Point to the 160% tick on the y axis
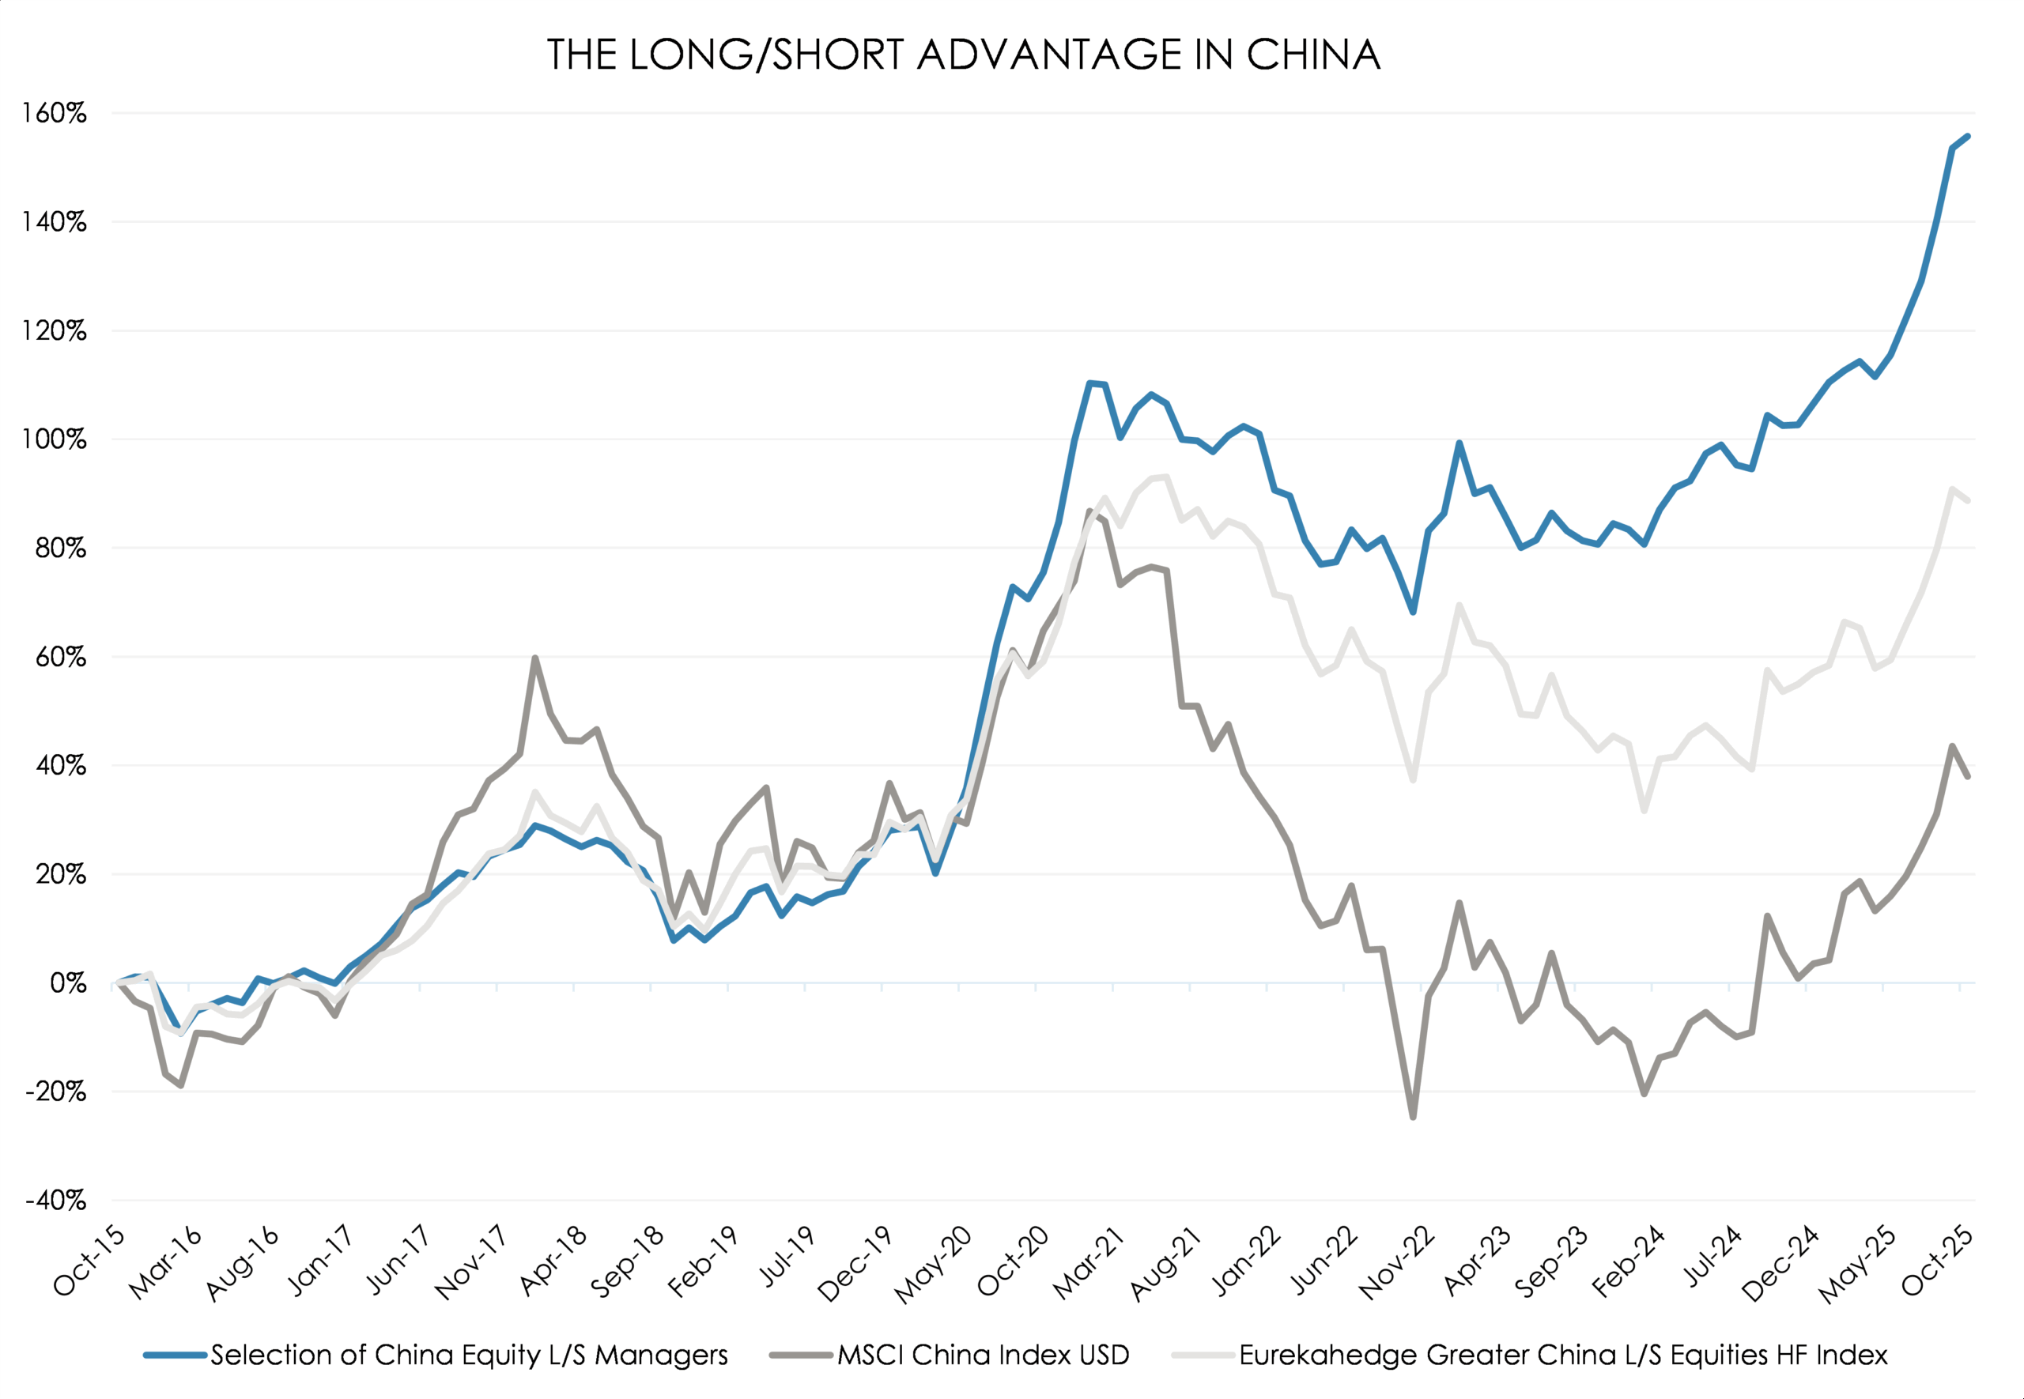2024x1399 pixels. click(55, 113)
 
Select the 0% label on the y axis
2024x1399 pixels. click(67, 982)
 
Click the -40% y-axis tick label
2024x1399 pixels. click(55, 1200)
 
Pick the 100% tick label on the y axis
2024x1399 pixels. click(55, 439)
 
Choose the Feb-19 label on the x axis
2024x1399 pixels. click(704, 1262)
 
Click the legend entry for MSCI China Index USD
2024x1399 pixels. click(983, 1356)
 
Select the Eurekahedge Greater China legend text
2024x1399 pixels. click(1562, 1356)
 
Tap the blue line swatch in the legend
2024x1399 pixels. click(176, 1356)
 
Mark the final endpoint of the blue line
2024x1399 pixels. click(1968, 136)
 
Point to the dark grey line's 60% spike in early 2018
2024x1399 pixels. click(534, 658)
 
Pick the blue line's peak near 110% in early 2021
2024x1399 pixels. click(1089, 383)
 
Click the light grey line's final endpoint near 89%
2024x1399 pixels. click(1968, 500)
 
